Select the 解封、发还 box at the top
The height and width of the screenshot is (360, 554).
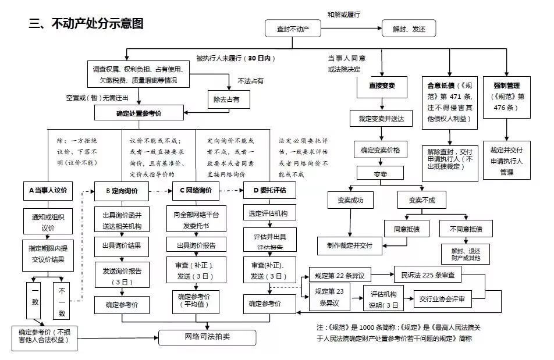[x=409, y=28]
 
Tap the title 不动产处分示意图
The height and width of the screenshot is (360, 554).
[x=86, y=24]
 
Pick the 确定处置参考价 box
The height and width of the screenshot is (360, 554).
[x=139, y=114]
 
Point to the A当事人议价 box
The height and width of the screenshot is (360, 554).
[x=48, y=190]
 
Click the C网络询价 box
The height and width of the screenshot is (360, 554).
[x=196, y=190]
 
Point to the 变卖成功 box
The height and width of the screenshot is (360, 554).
[x=349, y=201]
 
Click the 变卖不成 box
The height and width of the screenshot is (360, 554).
[x=421, y=201]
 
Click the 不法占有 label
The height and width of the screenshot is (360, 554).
[x=251, y=80]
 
